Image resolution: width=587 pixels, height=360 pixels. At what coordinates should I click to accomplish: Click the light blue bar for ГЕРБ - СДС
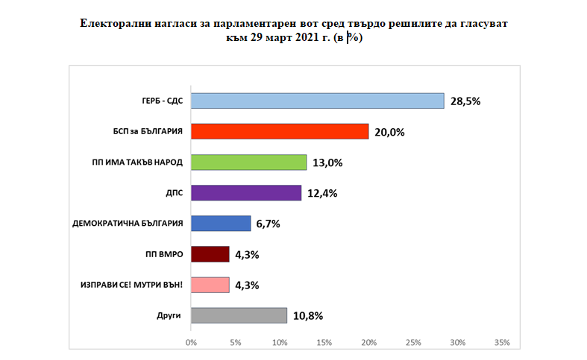click(x=317, y=101)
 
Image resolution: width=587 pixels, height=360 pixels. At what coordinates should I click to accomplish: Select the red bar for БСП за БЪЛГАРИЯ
click(x=280, y=131)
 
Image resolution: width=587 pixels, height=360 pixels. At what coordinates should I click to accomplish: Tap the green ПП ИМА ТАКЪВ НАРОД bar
click(x=248, y=162)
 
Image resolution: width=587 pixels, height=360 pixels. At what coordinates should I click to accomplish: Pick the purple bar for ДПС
click(x=246, y=193)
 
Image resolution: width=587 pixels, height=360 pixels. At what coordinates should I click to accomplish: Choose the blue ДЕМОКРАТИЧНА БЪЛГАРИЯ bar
click(x=221, y=224)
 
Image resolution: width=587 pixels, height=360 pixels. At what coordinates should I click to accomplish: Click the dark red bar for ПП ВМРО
click(x=210, y=254)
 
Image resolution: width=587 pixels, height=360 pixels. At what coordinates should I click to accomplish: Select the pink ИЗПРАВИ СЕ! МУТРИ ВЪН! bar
click(x=210, y=285)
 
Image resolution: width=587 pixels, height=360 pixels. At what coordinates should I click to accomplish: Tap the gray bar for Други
click(x=239, y=315)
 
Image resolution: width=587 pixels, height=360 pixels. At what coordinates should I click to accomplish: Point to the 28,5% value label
click(x=464, y=101)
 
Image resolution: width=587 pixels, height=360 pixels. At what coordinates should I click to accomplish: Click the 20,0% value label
click(x=389, y=132)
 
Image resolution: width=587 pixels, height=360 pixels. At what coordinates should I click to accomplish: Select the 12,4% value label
click(x=321, y=193)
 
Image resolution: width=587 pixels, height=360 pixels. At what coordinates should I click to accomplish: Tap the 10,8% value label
click(x=307, y=315)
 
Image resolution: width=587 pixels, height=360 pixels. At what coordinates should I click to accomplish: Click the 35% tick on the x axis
click(x=502, y=342)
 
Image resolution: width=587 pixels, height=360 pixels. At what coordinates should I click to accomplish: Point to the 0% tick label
click(x=191, y=342)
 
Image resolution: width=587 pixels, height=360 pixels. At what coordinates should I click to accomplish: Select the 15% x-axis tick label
click(x=324, y=342)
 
